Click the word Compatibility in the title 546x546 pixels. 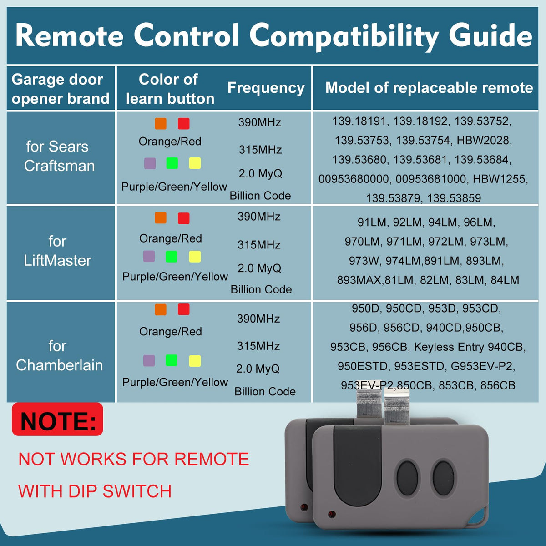click(x=344, y=37)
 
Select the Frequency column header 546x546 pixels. click(x=266, y=88)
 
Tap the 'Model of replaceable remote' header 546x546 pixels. click(x=429, y=87)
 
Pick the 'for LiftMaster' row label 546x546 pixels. click(x=57, y=251)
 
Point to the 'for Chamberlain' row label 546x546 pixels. click(x=59, y=355)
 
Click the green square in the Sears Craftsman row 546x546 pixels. click(x=172, y=163)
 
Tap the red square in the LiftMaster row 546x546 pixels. click(x=184, y=218)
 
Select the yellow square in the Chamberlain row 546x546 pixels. click(x=195, y=361)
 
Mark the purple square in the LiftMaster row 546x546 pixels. click(x=149, y=257)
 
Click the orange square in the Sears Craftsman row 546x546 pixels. click(x=161, y=124)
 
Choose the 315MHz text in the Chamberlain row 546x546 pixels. click(x=258, y=346)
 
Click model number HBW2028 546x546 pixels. click(x=484, y=140)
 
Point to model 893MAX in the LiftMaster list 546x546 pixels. click(x=359, y=280)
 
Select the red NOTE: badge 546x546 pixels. click(x=57, y=420)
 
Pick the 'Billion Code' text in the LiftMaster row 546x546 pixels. click(x=261, y=289)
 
